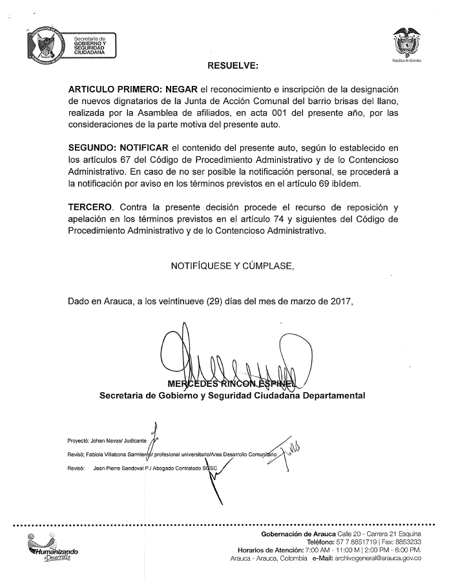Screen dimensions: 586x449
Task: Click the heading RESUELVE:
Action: coord(233,65)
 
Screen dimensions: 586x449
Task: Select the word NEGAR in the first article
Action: coord(182,89)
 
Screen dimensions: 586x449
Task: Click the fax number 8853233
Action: coord(408,542)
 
